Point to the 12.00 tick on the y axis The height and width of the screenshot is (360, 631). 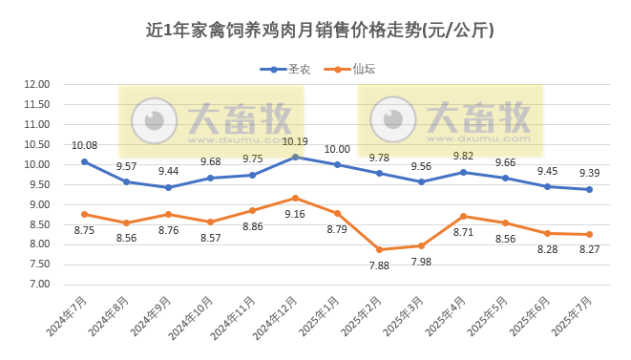click(x=36, y=84)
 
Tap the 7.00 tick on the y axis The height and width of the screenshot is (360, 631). click(x=36, y=284)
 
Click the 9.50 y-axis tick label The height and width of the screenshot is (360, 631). click(x=36, y=184)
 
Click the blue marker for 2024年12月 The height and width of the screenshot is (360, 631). click(x=295, y=157)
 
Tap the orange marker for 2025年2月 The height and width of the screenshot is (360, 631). click(x=379, y=249)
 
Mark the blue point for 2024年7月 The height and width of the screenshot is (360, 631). click(x=84, y=161)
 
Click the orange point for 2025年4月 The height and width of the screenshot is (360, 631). click(x=463, y=216)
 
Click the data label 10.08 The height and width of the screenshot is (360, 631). click(x=85, y=145)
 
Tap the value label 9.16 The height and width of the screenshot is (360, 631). click(x=294, y=214)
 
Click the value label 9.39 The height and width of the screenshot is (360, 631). click(x=591, y=173)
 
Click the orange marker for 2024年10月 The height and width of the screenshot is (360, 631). click(x=211, y=222)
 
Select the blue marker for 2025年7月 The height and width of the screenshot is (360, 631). click(x=589, y=189)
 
